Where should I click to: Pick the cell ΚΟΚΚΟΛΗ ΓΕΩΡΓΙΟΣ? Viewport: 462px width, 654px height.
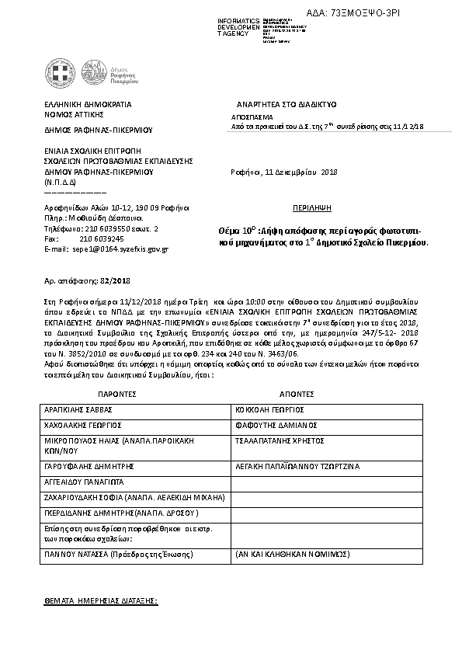pyautogui.click(x=269, y=409)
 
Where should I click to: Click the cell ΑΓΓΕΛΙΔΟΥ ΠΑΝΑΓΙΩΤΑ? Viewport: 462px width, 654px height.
pyautogui.click(x=85, y=482)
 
